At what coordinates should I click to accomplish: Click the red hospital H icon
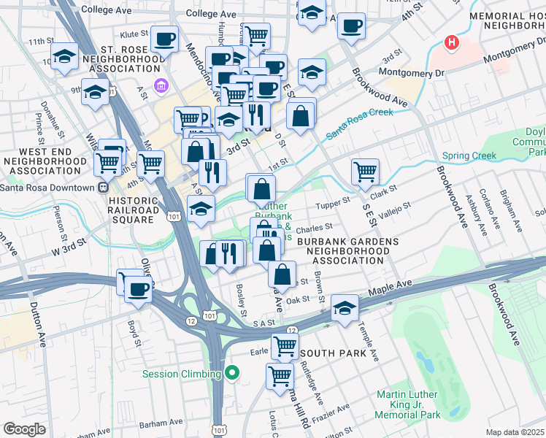452,43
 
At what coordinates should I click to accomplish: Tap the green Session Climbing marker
233,374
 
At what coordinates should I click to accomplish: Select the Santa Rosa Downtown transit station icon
103,187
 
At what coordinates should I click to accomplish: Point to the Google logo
24,429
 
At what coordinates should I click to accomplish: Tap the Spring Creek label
469,155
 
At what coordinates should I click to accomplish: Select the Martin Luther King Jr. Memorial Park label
408,404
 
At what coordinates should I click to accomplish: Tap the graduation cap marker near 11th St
65,56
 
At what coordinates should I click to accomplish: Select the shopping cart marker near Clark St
365,172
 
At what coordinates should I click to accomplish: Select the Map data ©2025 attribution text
515,432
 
